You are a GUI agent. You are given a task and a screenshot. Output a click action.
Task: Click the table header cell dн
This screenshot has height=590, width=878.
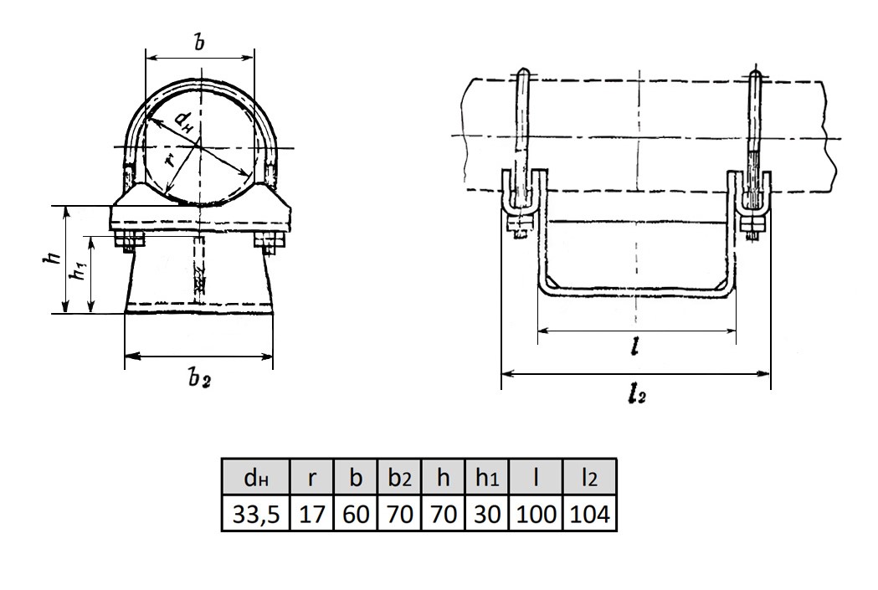(256, 478)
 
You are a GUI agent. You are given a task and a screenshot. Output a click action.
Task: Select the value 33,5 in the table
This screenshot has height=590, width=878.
(256, 513)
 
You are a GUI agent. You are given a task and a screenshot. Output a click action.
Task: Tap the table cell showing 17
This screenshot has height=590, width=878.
(312, 513)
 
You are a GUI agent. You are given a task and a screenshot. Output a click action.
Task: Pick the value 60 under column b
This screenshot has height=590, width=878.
(356, 513)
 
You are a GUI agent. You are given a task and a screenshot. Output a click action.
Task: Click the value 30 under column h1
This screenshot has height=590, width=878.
(486, 513)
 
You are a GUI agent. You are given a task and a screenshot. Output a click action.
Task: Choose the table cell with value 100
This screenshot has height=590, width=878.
(536, 513)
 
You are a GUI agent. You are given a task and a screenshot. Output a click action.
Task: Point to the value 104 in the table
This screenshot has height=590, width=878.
(589, 513)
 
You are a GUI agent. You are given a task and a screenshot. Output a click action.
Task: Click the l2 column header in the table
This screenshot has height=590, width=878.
(589, 478)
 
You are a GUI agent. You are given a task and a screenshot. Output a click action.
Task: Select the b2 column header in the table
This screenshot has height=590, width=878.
(399, 478)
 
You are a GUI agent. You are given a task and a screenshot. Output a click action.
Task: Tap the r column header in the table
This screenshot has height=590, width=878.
(312, 478)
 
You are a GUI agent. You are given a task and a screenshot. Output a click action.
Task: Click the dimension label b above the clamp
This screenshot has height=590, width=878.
(199, 42)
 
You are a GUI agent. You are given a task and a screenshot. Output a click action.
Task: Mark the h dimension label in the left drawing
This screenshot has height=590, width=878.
(54, 258)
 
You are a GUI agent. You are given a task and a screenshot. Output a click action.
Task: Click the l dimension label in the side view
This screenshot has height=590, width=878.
(634, 348)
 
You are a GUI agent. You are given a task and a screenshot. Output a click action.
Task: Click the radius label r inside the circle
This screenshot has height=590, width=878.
(169, 161)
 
